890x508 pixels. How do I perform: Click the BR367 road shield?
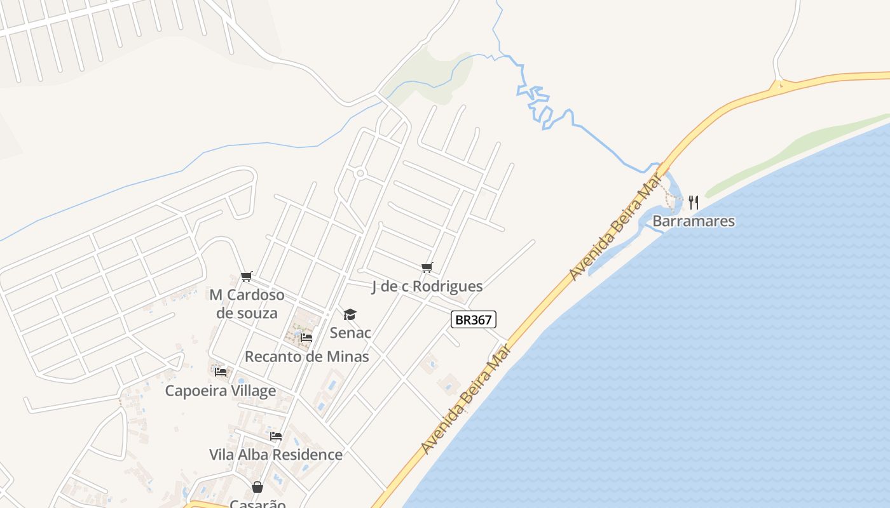pos(473,319)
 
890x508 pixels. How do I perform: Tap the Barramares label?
pos(694,221)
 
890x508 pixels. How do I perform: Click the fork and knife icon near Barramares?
pos(694,203)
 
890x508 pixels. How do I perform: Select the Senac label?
pos(350,332)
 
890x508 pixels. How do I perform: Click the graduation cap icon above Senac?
pos(350,314)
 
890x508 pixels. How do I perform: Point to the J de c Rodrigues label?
pos(427,286)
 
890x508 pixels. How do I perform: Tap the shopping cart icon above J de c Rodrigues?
pos(427,268)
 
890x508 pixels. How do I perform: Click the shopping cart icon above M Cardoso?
pos(247,276)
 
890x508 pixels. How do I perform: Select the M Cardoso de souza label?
pos(247,304)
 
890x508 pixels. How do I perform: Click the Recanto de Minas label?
pos(306,356)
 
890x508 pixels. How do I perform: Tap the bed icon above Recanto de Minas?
pos(306,338)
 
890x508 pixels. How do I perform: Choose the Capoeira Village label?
pos(221,390)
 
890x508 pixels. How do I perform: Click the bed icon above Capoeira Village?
pos(221,371)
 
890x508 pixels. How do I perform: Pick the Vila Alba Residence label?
pos(276,455)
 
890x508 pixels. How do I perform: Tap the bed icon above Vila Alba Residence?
pos(276,436)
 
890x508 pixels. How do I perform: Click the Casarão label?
pos(257,504)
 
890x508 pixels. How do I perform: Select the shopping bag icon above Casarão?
pos(257,487)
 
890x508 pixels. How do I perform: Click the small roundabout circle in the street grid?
pos(360,173)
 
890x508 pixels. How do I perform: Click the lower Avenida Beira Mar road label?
pos(466,400)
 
